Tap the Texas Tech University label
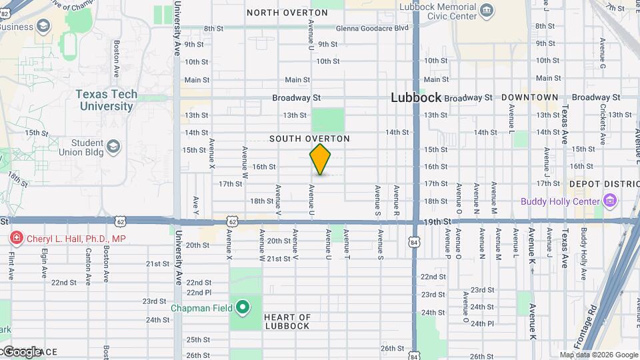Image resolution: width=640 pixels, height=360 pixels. (106, 100)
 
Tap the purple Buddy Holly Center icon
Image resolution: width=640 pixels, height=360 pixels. (609, 200)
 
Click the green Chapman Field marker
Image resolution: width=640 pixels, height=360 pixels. (243, 308)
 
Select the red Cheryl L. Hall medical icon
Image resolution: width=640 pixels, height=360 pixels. (15, 239)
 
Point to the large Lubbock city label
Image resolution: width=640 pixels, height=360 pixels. (415, 97)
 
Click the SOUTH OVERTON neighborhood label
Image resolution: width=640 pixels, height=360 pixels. (309, 139)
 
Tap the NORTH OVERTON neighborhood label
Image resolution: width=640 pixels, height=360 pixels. (278, 13)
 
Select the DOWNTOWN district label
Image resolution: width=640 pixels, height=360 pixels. (529, 97)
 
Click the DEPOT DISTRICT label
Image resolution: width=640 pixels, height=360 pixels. (604, 184)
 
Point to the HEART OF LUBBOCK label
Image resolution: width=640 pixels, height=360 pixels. (287, 321)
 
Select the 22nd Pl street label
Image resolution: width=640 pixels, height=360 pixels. (199, 293)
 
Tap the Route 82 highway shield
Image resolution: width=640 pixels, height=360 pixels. (5, 13)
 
